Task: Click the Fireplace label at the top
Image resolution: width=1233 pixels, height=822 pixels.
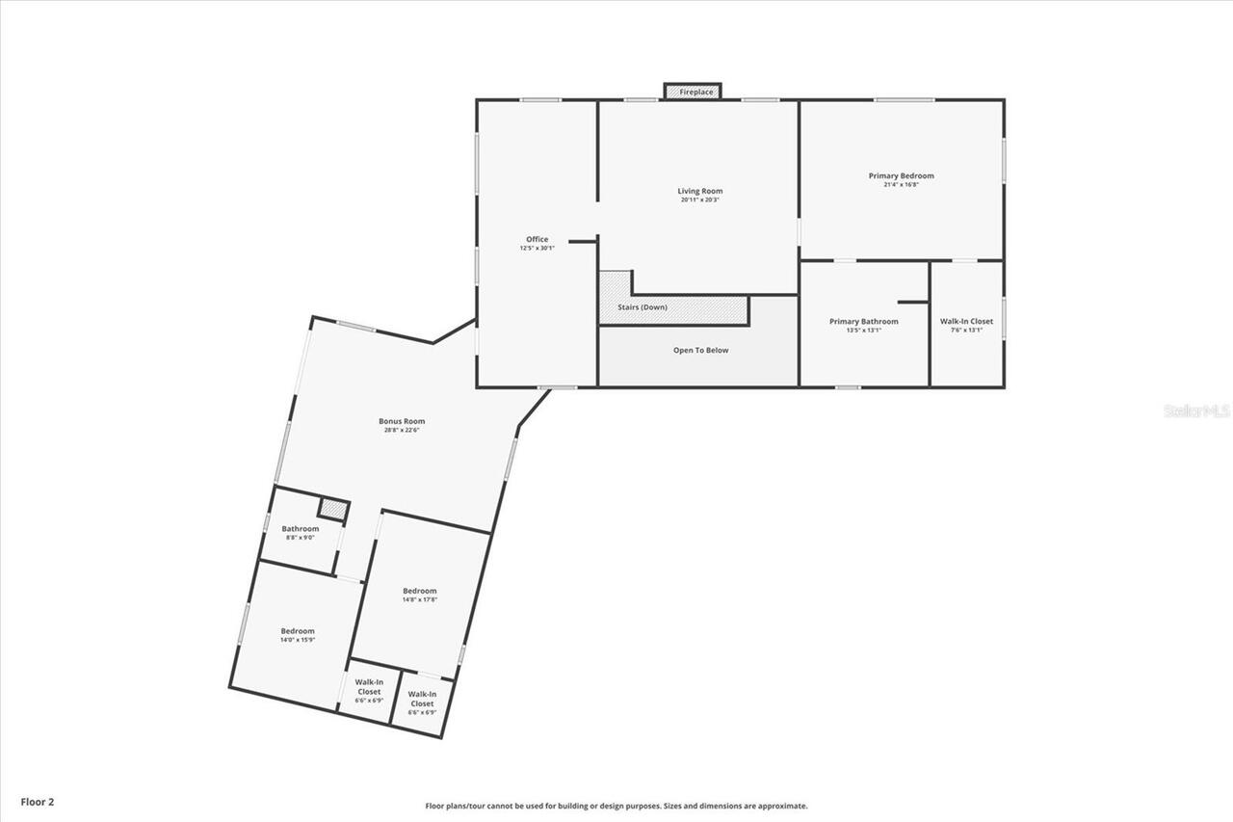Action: pyautogui.click(x=695, y=92)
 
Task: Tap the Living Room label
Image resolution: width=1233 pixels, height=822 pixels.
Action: pyautogui.click(x=699, y=191)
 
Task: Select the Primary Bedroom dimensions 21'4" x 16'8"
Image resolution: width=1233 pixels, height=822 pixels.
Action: pyautogui.click(x=901, y=185)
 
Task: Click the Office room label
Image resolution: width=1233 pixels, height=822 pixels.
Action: pyautogui.click(x=537, y=239)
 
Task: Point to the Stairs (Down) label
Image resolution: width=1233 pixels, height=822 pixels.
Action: pyautogui.click(x=642, y=307)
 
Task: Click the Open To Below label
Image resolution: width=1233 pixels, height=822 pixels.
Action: pyautogui.click(x=700, y=350)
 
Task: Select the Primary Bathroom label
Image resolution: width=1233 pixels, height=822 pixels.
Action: pyautogui.click(x=864, y=321)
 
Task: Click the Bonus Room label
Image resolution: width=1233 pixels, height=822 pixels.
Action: pyautogui.click(x=402, y=421)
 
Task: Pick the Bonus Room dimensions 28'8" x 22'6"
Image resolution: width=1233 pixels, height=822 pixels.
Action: pyautogui.click(x=402, y=430)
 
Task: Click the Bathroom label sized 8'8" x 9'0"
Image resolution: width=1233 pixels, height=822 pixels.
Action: pyautogui.click(x=301, y=529)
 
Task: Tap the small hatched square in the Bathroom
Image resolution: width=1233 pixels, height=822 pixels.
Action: pyautogui.click(x=332, y=510)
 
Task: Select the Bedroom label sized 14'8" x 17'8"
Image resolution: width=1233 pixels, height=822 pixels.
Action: pyautogui.click(x=420, y=591)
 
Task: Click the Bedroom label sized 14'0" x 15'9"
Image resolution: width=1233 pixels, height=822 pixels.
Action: pyautogui.click(x=298, y=631)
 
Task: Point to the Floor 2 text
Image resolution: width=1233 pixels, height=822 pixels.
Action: pyautogui.click(x=38, y=801)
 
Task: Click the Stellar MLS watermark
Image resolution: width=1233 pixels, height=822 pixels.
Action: pyautogui.click(x=1196, y=411)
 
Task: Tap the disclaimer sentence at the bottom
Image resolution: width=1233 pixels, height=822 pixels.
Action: pyautogui.click(x=616, y=806)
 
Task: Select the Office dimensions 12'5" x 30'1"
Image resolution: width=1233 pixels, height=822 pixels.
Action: pyautogui.click(x=537, y=248)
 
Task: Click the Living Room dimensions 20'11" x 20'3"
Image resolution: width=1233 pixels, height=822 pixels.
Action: pyautogui.click(x=699, y=199)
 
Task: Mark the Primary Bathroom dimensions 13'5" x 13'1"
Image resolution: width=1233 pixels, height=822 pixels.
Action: pyautogui.click(x=864, y=330)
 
